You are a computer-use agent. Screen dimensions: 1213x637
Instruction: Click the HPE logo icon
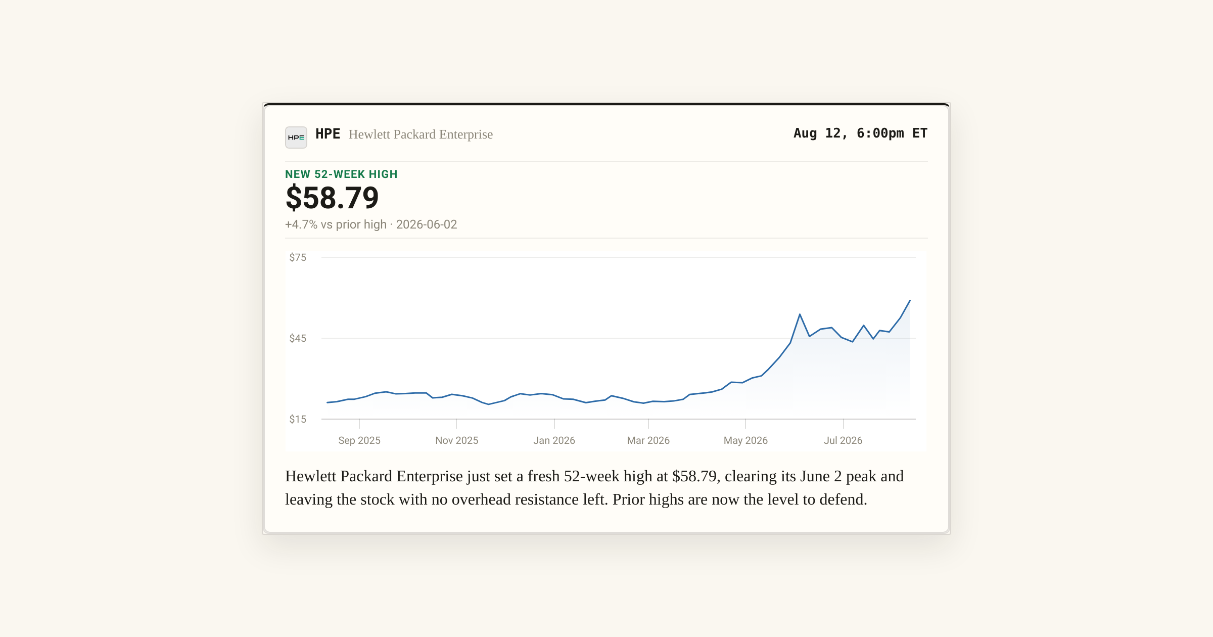(296, 138)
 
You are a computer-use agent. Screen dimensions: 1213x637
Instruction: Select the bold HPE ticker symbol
(328, 134)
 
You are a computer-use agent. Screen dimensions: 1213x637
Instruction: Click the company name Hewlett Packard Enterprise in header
(421, 134)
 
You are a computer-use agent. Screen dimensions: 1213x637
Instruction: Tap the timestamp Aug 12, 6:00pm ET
(860, 133)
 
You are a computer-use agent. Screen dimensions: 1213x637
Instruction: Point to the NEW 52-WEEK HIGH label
(341, 174)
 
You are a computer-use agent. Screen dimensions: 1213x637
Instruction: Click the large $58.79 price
(332, 198)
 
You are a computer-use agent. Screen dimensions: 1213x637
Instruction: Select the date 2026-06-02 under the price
(427, 224)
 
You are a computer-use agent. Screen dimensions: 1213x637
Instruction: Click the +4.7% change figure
(301, 224)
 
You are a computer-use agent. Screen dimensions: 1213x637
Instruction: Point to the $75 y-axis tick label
(298, 257)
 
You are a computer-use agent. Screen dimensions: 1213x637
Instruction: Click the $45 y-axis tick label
(298, 338)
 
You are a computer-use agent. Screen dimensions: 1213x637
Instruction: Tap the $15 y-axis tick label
(298, 419)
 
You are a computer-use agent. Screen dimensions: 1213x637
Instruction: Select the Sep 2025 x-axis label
(359, 440)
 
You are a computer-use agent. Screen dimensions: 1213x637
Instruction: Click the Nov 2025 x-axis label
(457, 440)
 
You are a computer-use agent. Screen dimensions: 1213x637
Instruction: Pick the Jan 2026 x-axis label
(554, 440)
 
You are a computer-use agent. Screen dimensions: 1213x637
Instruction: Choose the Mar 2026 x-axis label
(648, 440)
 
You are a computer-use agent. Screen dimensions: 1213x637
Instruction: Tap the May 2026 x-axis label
(745, 440)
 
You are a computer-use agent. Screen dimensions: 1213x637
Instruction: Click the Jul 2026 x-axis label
(843, 440)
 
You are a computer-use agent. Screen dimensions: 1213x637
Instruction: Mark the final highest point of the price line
(910, 301)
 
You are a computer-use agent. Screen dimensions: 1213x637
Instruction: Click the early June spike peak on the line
(800, 314)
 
